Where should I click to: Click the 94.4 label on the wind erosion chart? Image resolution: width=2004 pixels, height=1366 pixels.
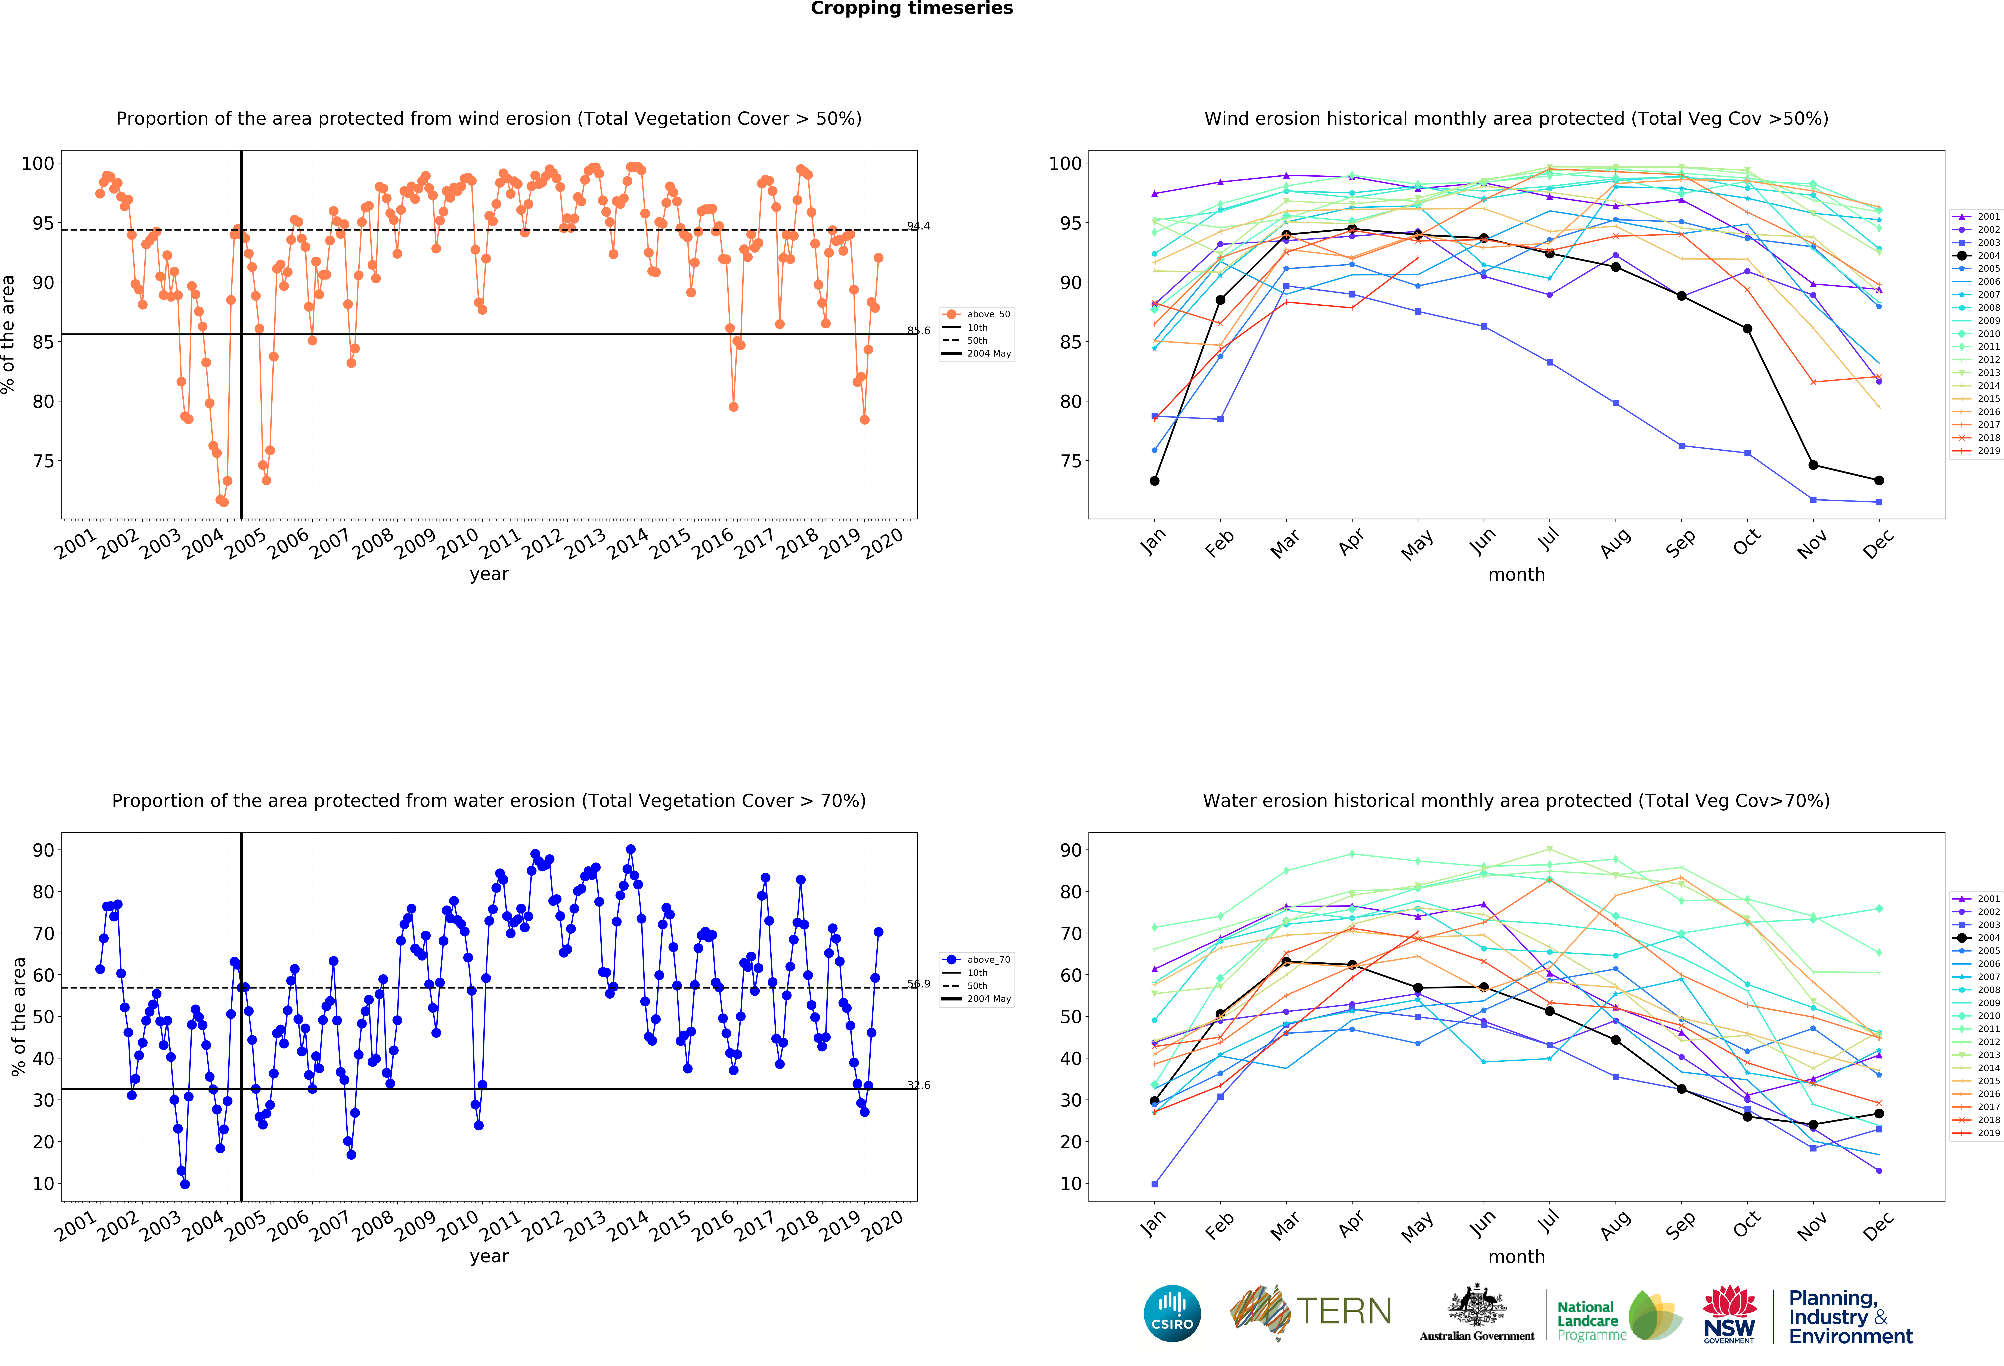click(918, 226)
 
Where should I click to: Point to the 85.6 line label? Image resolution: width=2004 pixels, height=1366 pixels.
click(918, 330)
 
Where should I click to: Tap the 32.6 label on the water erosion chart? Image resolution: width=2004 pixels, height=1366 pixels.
click(918, 1085)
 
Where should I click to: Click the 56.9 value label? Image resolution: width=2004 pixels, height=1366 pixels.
click(918, 984)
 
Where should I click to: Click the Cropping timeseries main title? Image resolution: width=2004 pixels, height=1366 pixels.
click(911, 9)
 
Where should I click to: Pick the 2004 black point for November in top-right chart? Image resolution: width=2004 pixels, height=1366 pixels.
click(1813, 465)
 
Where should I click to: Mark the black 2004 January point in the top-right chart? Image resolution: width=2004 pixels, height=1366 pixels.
click(1155, 480)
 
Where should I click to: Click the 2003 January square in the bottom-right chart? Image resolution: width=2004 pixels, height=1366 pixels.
click(1155, 1184)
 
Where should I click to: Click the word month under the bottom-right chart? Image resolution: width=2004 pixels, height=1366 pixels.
click(1516, 1256)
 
